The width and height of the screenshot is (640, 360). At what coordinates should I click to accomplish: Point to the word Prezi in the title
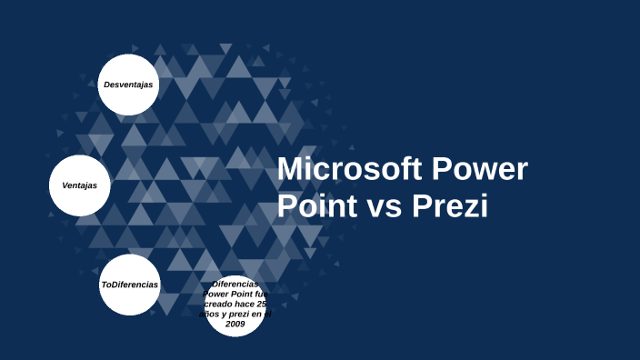[x=450, y=206]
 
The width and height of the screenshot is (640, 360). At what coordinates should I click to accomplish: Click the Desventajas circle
[x=128, y=85]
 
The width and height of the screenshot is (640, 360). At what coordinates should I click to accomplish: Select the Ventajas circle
[x=80, y=185]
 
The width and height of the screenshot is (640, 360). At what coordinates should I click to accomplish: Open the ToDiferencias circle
[x=129, y=285]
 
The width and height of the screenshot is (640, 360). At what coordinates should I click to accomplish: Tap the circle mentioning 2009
[x=235, y=305]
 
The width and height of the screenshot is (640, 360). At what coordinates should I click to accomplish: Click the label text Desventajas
[x=128, y=85]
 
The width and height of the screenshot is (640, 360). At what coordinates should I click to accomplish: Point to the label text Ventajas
[x=80, y=185]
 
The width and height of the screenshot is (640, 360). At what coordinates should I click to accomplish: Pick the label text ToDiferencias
[x=129, y=285]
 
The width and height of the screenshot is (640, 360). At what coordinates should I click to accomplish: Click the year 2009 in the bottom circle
[x=235, y=324]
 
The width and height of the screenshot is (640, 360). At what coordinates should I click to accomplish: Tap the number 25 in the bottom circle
[x=263, y=304]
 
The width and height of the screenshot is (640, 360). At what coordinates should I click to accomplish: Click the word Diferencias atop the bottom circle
[x=235, y=284]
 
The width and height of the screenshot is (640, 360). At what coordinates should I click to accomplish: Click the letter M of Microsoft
[x=289, y=170]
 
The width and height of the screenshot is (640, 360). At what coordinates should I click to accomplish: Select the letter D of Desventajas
[x=106, y=85]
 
